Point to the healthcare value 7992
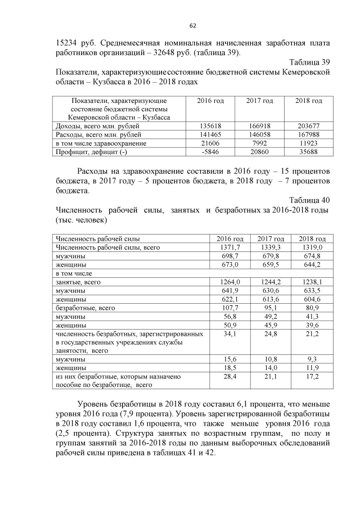(260, 143)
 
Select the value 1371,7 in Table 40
(230, 247)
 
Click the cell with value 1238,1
(312, 282)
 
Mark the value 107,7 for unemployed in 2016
(230, 308)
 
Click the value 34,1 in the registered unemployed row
(230, 334)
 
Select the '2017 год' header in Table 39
(260, 101)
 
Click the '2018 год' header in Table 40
(312, 238)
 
